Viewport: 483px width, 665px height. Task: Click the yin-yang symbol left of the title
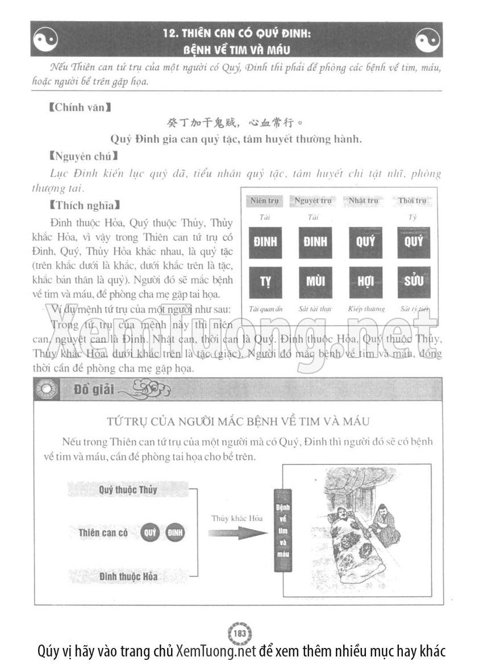click(46, 40)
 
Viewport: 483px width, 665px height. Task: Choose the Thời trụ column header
click(412, 201)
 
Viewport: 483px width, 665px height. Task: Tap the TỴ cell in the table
click(265, 282)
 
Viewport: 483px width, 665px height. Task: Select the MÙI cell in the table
click(315, 282)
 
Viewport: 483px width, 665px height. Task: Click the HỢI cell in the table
click(365, 282)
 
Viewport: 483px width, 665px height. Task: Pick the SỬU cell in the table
click(414, 282)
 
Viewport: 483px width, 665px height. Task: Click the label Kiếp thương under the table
click(365, 309)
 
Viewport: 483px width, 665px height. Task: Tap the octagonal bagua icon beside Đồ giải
click(44, 390)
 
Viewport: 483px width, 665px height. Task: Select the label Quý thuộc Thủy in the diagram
click(127, 489)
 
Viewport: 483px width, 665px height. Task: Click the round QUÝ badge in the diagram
click(150, 533)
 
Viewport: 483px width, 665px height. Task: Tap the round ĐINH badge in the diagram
click(174, 533)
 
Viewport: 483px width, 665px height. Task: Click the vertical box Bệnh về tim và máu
click(282, 530)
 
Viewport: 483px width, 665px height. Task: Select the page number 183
click(241, 633)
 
